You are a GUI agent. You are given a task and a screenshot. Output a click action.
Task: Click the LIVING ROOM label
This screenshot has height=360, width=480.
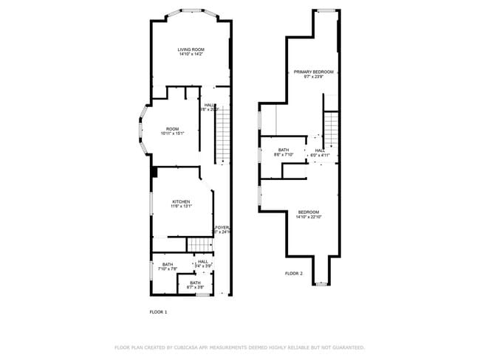click(190, 49)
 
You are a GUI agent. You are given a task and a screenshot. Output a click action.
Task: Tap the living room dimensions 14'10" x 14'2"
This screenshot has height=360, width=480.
click(190, 55)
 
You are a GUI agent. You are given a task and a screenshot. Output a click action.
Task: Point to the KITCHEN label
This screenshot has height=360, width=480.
click(181, 201)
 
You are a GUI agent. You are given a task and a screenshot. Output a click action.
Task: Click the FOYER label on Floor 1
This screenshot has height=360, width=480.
click(222, 227)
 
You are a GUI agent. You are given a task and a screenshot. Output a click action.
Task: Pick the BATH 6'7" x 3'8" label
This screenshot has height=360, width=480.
click(195, 283)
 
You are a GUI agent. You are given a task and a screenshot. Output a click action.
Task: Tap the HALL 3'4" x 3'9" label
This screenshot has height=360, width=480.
click(203, 262)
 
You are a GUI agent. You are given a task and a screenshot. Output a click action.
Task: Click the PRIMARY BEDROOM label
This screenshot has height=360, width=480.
click(313, 72)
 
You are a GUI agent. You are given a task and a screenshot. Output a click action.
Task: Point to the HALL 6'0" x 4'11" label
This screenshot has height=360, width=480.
click(320, 150)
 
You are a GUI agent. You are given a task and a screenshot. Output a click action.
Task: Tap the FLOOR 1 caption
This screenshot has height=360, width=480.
click(158, 312)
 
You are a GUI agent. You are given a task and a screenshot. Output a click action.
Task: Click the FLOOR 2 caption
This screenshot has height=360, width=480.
click(293, 274)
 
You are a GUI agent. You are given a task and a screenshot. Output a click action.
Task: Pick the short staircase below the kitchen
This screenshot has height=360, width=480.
click(197, 244)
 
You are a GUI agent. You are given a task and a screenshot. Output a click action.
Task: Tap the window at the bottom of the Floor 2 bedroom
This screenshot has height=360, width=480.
click(321, 283)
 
